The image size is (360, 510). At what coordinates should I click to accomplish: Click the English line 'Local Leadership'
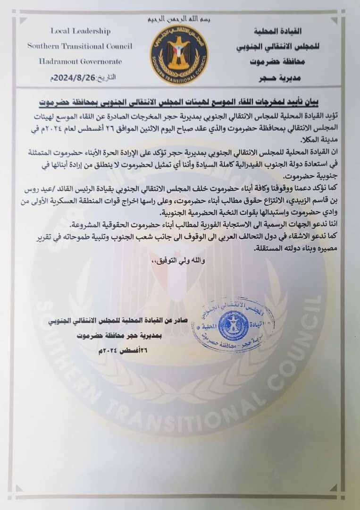[80, 31]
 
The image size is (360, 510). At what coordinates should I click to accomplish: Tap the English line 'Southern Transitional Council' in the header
[80, 46]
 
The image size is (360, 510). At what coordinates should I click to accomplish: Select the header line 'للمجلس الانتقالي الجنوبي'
[276, 48]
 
